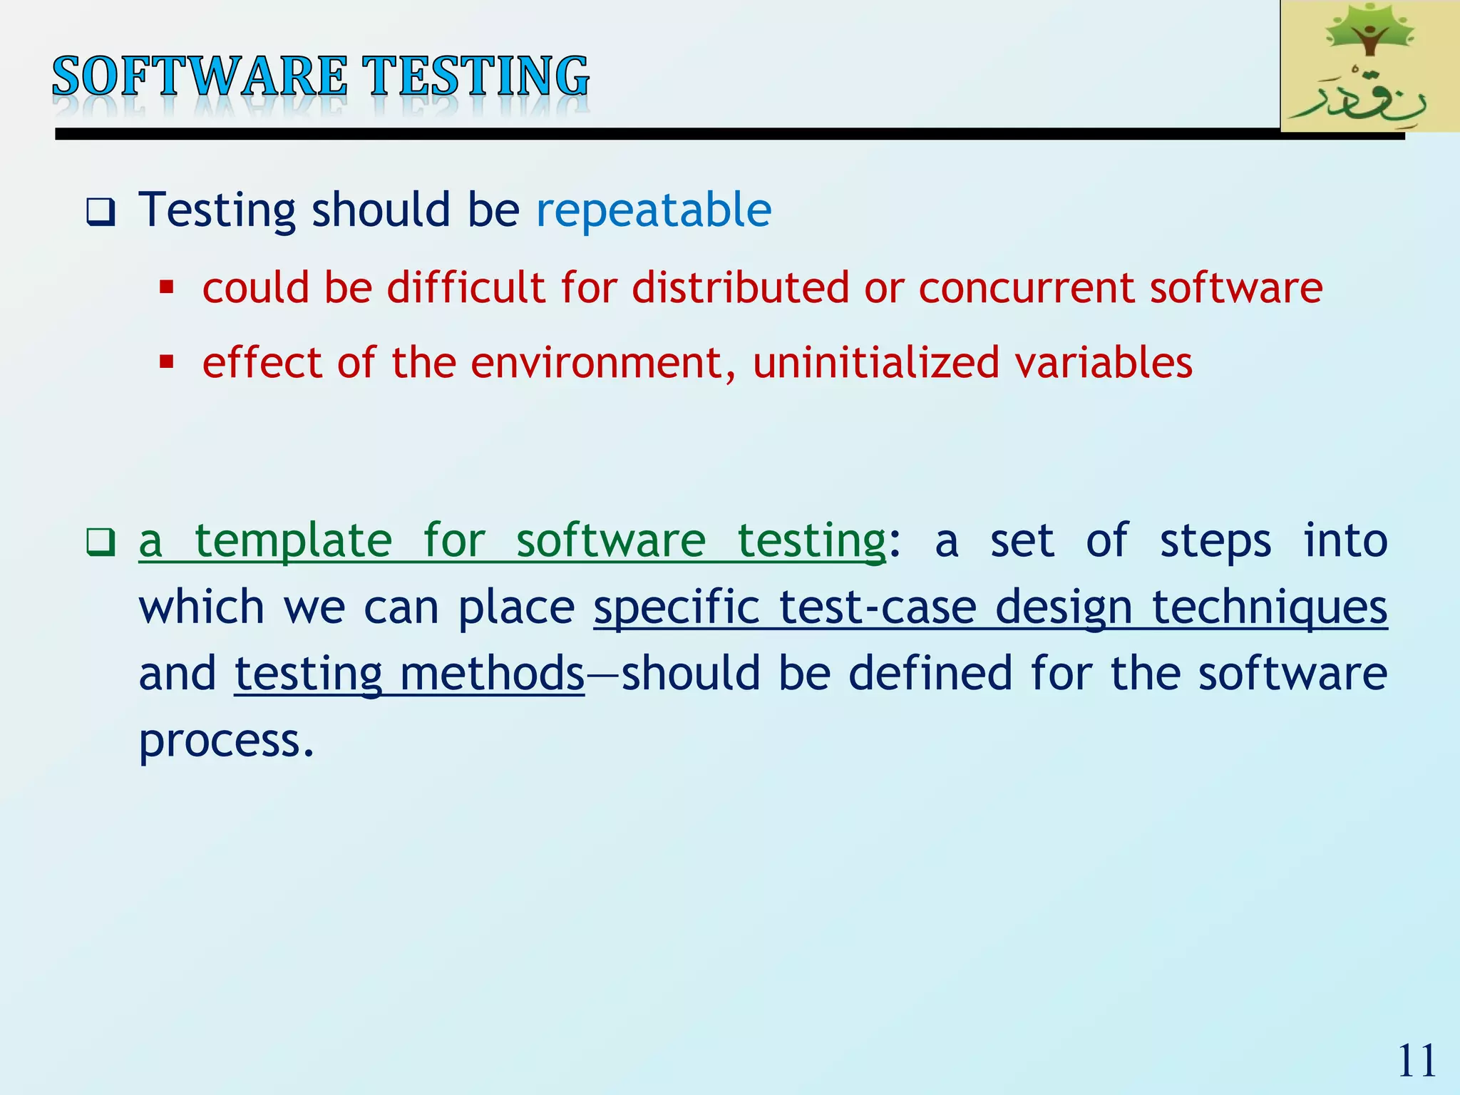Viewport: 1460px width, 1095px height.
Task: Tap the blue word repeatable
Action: [653, 210]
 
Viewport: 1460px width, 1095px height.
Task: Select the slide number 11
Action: [1417, 1061]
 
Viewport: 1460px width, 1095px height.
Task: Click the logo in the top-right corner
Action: [1369, 66]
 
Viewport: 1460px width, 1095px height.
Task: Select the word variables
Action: [1104, 362]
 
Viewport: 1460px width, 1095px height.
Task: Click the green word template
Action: [293, 540]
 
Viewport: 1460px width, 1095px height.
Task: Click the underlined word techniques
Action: [1270, 607]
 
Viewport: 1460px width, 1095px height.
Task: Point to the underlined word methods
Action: [492, 674]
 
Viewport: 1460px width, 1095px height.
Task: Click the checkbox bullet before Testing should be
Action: [101, 212]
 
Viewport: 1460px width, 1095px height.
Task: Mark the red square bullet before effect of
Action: [167, 362]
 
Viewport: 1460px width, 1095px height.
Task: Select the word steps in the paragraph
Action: [1215, 540]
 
